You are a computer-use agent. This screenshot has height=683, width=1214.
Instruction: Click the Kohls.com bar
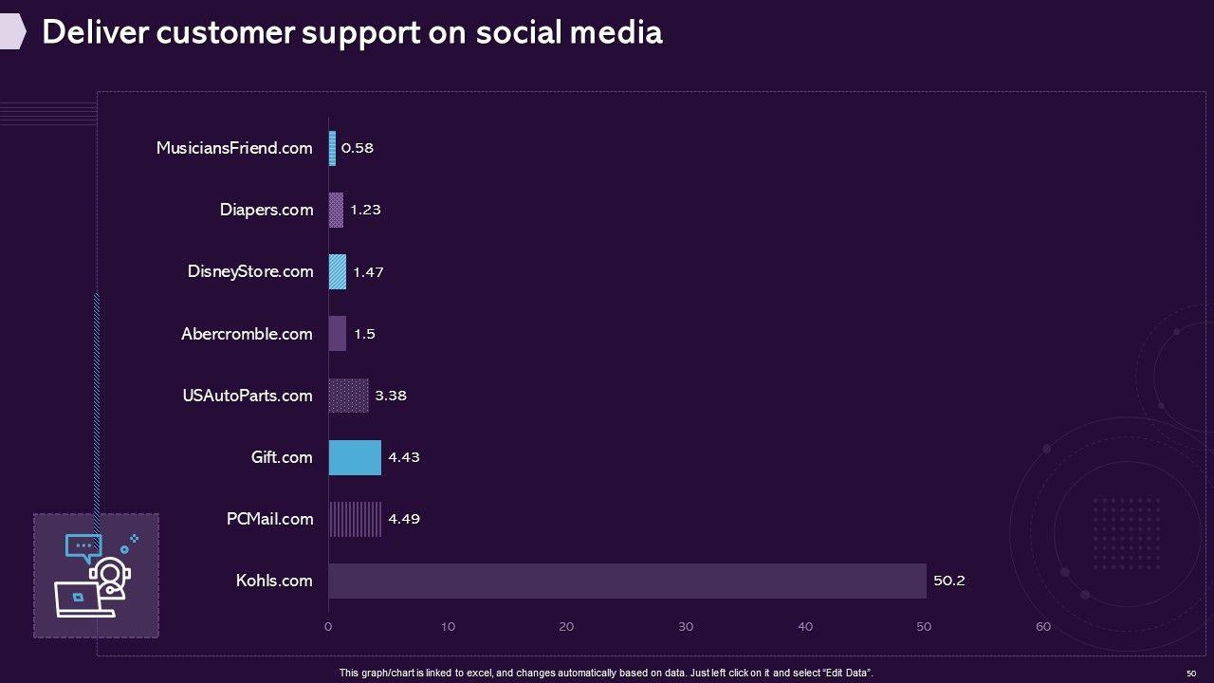tap(627, 581)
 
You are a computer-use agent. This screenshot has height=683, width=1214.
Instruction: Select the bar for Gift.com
tap(355, 457)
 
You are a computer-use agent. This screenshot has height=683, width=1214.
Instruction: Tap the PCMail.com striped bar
tap(355, 519)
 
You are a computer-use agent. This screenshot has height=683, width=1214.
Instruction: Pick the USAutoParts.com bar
tap(348, 396)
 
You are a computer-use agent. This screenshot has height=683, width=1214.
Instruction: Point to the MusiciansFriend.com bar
tap(332, 148)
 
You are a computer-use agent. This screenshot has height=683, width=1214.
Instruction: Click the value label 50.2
tap(948, 581)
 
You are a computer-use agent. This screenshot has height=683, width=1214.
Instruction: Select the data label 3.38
tap(391, 396)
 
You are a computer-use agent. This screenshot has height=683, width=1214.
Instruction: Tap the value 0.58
tap(358, 148)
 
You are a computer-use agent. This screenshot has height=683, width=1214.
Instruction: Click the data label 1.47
tap(368, 272)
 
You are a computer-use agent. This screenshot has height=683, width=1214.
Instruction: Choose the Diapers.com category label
tap(267, 210)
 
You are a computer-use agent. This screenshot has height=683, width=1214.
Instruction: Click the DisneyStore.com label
tap(250, 271)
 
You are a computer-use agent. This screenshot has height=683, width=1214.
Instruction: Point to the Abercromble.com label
tap(247, 334)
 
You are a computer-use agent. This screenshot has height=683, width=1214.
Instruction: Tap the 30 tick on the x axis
tap(686, 626)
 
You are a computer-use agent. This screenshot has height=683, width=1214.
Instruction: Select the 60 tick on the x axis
tap(1043, 626)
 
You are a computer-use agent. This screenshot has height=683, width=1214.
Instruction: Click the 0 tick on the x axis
tap(328, 626)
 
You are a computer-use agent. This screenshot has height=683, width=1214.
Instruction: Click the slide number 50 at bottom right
tap(1191, 673)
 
